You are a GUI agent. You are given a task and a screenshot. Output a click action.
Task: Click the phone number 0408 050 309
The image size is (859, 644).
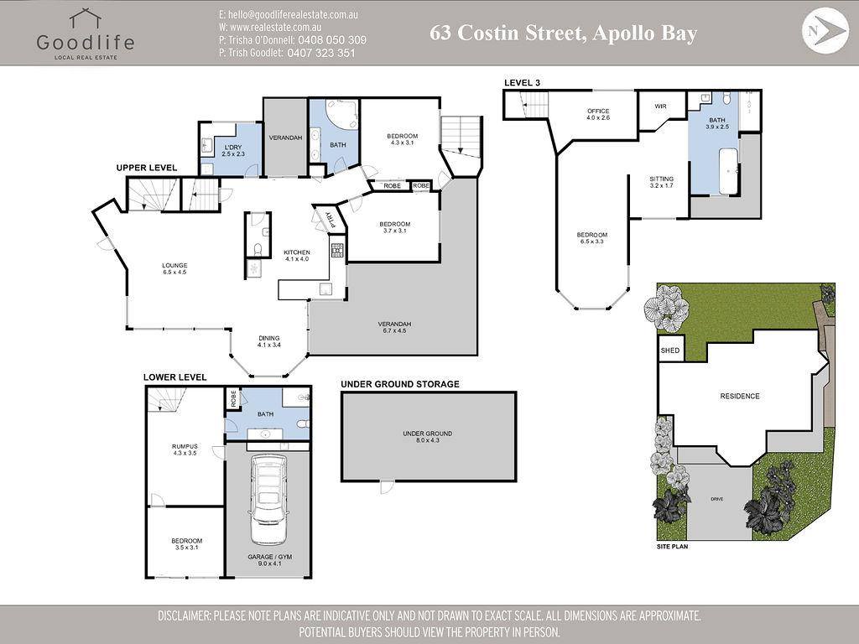[331, 40]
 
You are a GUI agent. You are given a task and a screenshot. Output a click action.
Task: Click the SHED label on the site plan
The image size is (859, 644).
[670, 351]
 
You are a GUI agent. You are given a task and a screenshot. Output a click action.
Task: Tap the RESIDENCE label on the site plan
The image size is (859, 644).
[740, 396]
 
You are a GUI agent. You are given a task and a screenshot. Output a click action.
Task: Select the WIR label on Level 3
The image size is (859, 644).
[661, 106]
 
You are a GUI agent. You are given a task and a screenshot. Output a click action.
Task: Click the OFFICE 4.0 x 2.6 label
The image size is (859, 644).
[598, 114]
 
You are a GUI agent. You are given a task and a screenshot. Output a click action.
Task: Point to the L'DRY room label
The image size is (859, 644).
[233, 151]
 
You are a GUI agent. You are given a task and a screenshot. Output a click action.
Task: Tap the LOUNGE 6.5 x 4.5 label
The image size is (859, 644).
[174, 268]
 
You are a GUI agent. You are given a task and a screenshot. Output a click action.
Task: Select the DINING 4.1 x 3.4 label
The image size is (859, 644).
[269, 341]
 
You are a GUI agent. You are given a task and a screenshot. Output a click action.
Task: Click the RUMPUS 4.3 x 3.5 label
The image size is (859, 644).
[185, 449]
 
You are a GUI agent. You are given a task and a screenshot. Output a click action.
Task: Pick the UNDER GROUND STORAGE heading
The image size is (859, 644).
[400, 384]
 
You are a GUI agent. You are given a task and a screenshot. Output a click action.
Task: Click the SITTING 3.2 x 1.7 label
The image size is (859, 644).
[661, 182]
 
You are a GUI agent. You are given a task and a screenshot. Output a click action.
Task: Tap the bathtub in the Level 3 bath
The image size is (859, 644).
[729, 171]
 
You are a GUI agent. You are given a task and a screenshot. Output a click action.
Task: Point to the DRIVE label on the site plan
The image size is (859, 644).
[716, 499]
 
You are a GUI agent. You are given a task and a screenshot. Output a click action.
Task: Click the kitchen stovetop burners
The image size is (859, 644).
[337, 250]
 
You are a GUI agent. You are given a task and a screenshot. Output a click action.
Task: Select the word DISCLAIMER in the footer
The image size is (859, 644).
[184, 615]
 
